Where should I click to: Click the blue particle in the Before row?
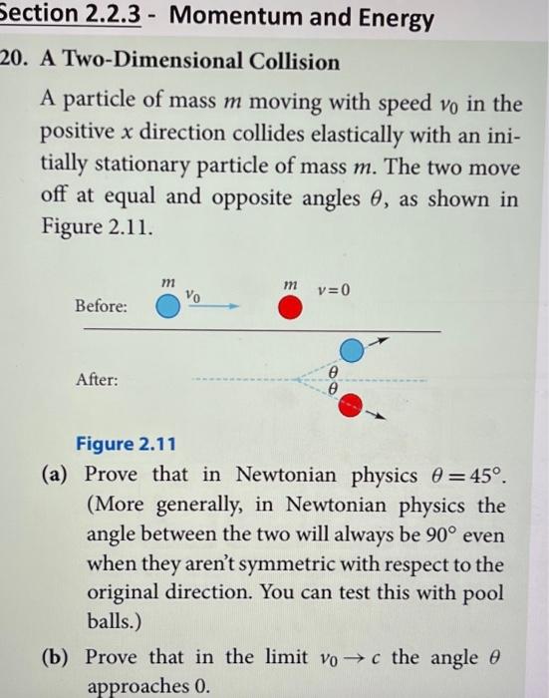(168, 307)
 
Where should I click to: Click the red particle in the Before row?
(290, 307)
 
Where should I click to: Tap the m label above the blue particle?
(167, 285)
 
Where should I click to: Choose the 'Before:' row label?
(102, 307)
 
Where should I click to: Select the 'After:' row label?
(97, 380)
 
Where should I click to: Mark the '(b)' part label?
(55, 659)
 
